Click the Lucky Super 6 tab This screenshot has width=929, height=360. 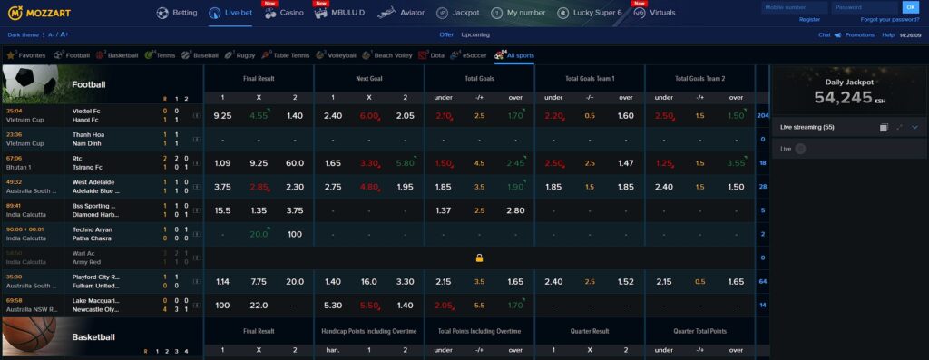589,14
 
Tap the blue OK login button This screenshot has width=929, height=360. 910,7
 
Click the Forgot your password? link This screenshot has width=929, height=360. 889,19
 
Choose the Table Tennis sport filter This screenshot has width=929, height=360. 287,55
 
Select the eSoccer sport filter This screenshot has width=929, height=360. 471,55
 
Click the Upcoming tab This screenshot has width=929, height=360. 475,34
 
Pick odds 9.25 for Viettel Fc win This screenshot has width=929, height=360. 222,116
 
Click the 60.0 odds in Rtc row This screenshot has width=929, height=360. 294,163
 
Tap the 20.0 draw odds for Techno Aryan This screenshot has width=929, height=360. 259,234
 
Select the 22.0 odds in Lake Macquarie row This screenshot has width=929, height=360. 259,305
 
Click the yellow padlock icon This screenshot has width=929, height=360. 479,258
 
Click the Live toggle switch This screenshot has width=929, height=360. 799,149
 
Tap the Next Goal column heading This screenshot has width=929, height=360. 368,79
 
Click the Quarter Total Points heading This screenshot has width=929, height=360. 699,331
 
